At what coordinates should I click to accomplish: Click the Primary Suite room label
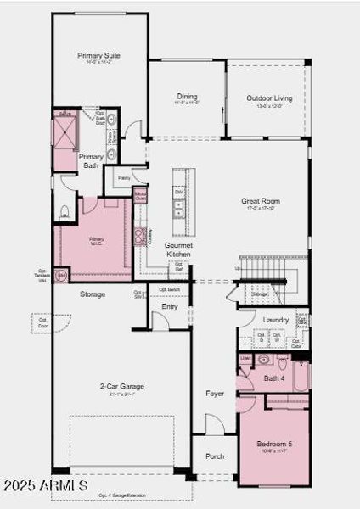[99, 56]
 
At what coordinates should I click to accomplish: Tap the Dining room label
[187, 97]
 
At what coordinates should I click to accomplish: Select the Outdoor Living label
[270, 98]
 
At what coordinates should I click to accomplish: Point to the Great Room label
[260, 201]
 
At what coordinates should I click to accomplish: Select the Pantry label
[124, 178]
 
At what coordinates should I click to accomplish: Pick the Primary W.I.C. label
[97, 240]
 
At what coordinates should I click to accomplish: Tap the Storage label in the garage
[93, 294]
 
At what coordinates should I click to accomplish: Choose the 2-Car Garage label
[121, 386]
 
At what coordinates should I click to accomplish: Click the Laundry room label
[275, 320]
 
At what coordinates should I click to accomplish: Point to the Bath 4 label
[273, 378]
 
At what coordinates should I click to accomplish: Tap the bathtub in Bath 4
[301, 375]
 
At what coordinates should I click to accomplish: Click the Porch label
[215, 456]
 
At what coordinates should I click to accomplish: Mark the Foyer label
[215, 394]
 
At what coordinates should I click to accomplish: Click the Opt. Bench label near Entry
[170, 290]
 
